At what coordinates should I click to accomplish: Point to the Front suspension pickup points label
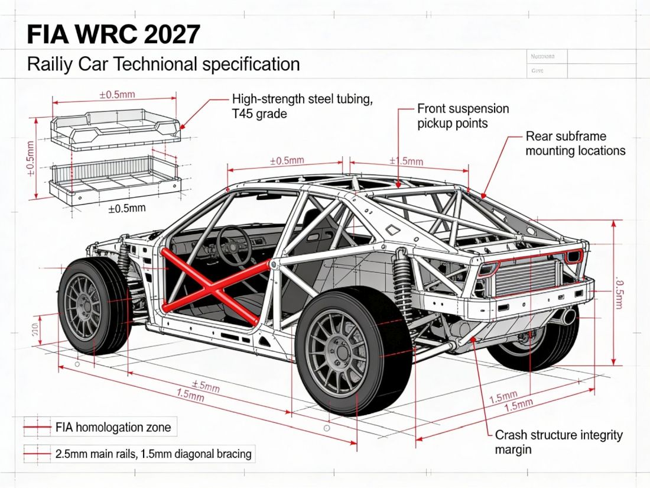pos(463,116)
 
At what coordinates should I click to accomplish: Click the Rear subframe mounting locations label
pos(575,144)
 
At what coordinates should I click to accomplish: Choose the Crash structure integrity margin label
pos(558,442)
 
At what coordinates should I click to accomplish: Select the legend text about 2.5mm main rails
pos(153,454)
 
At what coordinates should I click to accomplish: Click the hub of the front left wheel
pos(83,305)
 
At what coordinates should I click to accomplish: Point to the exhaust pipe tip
pos(568,317)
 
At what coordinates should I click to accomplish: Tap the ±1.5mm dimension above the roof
pos(406,161)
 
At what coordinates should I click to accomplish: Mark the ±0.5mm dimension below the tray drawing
pos(126,208)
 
